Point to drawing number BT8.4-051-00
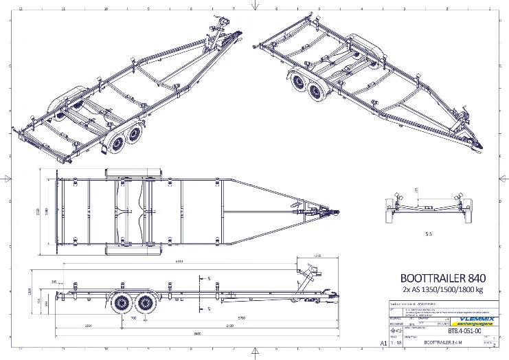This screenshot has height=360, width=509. point(462,330)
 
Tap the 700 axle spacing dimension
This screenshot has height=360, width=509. point(133,318)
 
